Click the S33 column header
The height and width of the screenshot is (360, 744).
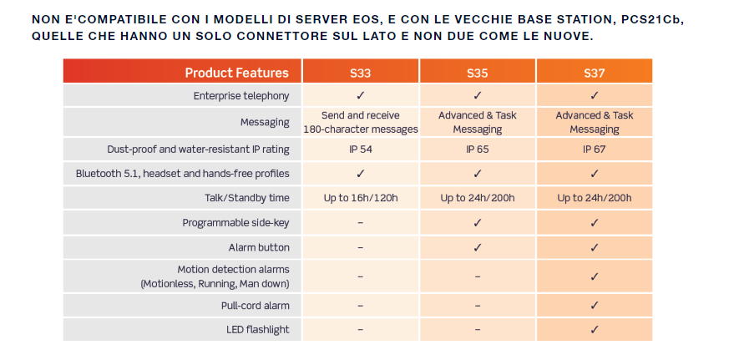pyautogui.click(x=360, y=74)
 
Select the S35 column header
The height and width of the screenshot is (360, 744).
pyautogui.click(x=478, y=74)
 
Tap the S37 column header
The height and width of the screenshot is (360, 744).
pyautogui.click(x=594, y=74)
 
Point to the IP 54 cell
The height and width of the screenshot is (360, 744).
pyautogui.click(x=360, y=150)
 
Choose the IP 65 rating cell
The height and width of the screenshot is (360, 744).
pyautogui.click(x=478, y=150)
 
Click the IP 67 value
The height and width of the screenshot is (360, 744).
pyautogui.click(x=594, y=150)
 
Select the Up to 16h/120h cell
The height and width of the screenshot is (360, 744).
pyautogui.click(x=361, y=198)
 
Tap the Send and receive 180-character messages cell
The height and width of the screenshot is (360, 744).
pyautogui.click(x=361, y=122)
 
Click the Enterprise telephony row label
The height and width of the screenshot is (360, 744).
pyautogui.click(x=241, y=96)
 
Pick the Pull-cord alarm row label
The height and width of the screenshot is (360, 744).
pyautogui.click(x=255, y=306)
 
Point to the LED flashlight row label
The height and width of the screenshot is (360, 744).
pyautogui.click(x=258, y=330)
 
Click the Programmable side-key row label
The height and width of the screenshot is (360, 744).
pyautogui.click(x=235, y=223)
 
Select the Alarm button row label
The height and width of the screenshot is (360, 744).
pyautogui.click(x=259, y=247)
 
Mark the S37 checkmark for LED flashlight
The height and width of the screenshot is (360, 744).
pyautogui.click(x=594, y=329)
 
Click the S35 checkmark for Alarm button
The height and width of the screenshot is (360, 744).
pyautogui.click(x=478, y=247)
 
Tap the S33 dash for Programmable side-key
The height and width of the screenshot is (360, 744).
pyautogui.click(x=360, y=223)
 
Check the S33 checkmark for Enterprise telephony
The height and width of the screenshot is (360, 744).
pyautogui.click(x=360, y=95)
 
